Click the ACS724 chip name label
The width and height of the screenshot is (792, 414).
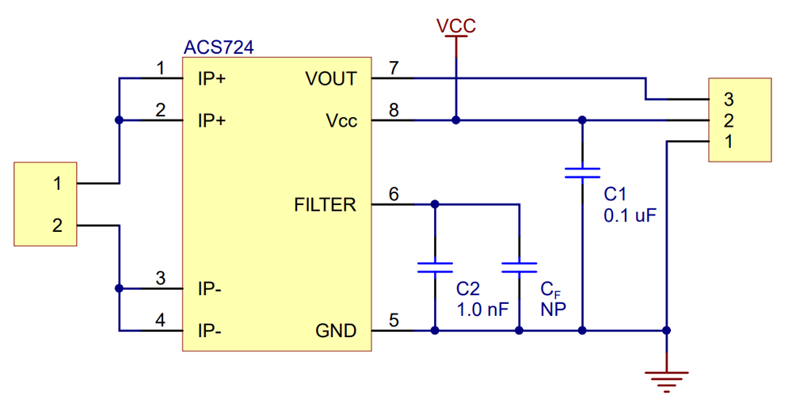click(219, 47)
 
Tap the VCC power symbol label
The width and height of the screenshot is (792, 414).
click(456, 26)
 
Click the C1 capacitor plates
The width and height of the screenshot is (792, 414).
click(582, 173)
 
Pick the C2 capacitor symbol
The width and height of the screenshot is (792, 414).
click(435, 268)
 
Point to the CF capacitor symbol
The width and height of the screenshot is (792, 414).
click(520, 268)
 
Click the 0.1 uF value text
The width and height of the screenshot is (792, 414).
click(630, 215)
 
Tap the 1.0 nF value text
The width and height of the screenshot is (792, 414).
click(482, 310)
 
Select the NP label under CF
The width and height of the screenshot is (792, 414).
click(553, 310)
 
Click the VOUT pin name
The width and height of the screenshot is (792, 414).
click(331, 78)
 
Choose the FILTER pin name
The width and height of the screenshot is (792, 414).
click(325, 205)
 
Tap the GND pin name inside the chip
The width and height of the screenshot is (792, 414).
click(336, 331)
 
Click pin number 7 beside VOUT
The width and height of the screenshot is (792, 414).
click(394, 67)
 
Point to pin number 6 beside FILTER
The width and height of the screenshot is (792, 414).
click(394, 194)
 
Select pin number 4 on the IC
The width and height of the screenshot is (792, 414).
click(160, 320)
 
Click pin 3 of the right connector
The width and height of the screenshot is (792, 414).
click(729, 100)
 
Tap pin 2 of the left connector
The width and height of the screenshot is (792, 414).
click(58, 225)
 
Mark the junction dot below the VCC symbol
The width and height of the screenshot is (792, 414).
click(456, 120)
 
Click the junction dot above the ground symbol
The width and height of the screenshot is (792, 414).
click(667, 331)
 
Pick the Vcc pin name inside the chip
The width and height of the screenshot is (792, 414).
click(341, 120)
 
